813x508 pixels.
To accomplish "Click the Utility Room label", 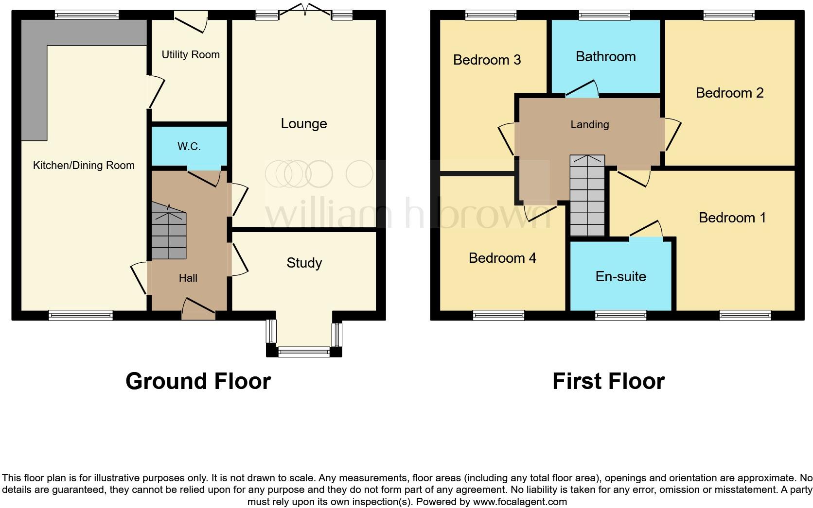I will point(191,54).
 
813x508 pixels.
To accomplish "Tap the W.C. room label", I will point(189,146).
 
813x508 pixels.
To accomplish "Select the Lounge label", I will point(304,123).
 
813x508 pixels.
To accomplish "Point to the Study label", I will point(304,263).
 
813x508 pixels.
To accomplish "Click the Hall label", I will point(188,278).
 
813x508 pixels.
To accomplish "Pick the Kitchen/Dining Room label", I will point(84,165).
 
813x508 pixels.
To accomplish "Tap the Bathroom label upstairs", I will point(606,56).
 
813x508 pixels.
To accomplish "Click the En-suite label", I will point(621,276).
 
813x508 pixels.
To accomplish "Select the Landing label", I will point(590,124).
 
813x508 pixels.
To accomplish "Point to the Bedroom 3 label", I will point(487,60).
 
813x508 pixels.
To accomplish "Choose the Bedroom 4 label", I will point(502,257).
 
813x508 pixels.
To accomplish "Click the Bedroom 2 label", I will point(730,93).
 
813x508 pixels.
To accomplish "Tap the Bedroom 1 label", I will point(732,217).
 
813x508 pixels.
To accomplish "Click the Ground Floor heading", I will point(198,381).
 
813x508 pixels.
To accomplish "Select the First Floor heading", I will point(608,381).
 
